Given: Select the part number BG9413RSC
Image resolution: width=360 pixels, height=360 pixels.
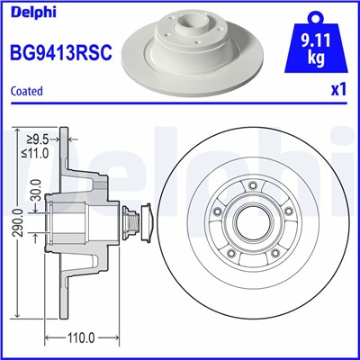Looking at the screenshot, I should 59,53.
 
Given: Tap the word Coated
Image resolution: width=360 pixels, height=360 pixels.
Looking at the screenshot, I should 26,91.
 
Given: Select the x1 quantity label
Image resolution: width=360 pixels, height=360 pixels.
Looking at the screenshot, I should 337,91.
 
